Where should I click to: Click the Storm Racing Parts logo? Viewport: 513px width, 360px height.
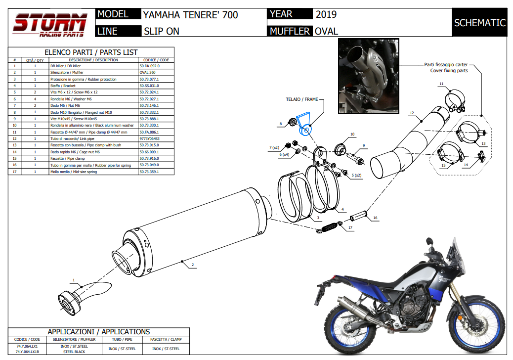(x=50, y=25)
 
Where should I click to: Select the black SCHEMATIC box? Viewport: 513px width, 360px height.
(x=479, y=23)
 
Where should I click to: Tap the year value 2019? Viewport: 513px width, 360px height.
(x=326, y=14)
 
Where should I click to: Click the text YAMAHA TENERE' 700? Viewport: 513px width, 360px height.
(x=190, y=15)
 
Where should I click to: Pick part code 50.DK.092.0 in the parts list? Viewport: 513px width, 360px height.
(x=149, y=66)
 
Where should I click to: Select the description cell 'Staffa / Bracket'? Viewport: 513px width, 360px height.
(x=64, y=86)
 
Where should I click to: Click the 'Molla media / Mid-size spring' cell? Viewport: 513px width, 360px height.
(x=74, y=172)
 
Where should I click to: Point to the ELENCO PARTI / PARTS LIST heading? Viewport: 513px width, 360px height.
(x=91, y=52)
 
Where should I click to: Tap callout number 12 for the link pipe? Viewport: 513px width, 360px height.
(x=411, y=113)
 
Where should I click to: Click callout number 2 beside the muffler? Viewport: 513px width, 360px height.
(x=193, y=265)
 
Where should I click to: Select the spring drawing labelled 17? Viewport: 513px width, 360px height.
(x=327, y=228)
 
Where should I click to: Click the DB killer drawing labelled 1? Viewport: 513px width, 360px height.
(x=82, y=295)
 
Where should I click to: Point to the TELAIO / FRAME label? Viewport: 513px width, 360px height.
(x=302, y=99)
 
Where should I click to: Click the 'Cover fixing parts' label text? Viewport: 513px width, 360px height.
(x=449, y=71)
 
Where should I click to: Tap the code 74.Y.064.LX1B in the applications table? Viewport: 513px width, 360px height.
(x=27, y=352)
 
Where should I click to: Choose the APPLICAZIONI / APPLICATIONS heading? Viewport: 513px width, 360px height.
(x=98, y=332)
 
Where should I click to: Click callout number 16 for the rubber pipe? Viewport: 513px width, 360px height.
(x=375, y=218)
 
